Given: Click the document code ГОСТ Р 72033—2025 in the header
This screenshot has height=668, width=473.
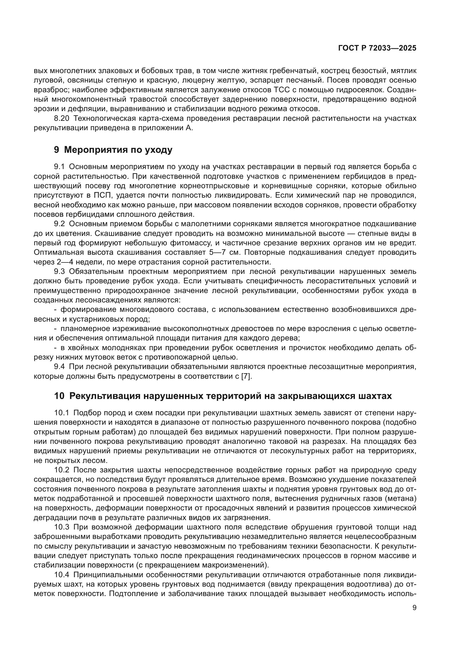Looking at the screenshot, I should coord(377,48).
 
